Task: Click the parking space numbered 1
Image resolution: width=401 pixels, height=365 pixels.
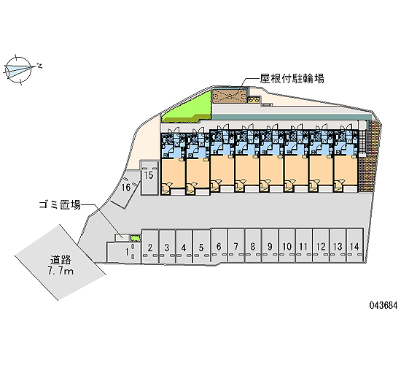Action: click(x=124, y=252)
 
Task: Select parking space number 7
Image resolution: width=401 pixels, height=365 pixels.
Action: click(x=236, y=246)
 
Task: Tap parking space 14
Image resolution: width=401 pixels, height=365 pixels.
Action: click(x=355, y=246)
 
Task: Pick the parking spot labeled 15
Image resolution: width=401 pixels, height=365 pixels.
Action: click(x=149, y=177)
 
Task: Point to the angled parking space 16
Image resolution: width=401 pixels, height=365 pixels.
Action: click(x=125, y=188)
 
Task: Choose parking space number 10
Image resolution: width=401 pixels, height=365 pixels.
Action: click(x=287, y=246)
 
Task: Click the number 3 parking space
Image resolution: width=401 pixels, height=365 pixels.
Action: click(x=167, y=246)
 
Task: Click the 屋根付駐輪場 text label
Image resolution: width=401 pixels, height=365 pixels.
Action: click(x=292, y=79)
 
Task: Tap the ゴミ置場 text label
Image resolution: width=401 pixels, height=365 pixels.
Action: click(x=60, y=204)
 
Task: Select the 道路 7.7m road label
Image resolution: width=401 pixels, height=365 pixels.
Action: click(x=61, y=265)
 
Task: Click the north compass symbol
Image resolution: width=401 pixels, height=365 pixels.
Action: click(x=18, y=69)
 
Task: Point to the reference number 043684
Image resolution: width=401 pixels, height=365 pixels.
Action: click(x=384, y=305)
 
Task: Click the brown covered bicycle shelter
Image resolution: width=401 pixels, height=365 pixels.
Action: click(x=230, y=96)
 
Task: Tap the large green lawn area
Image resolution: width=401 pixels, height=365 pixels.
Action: click(x=187, y=107)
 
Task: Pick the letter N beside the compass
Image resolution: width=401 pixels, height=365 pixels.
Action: click(x=39, y=66)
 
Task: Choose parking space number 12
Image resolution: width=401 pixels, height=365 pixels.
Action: click(x=321, y=246)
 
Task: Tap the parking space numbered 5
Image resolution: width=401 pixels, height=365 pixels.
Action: click(x=201, y=246)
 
